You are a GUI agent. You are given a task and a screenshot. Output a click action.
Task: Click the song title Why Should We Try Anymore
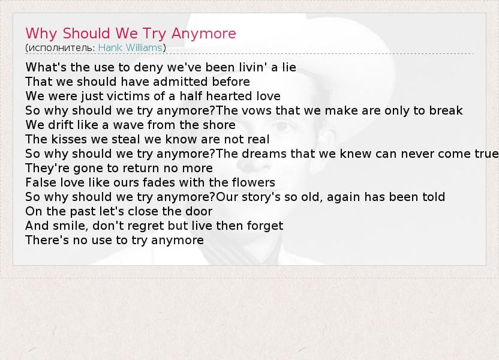[131, 34]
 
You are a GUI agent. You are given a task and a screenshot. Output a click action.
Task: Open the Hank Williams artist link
[130, 48]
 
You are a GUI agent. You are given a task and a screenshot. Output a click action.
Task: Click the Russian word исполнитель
[61, 48]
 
